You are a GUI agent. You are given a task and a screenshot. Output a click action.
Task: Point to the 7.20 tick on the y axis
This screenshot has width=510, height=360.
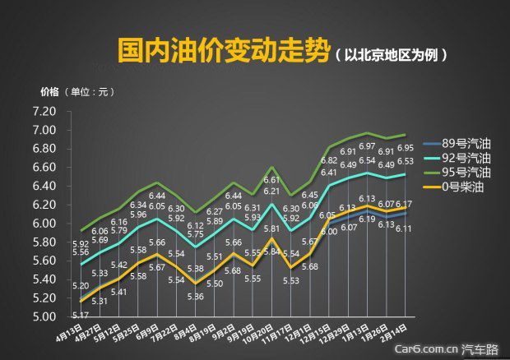(44, 112)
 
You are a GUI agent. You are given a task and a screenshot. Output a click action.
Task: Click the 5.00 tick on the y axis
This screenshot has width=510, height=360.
(44, 316)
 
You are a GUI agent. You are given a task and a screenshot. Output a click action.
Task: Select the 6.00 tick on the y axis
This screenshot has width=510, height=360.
(44, 224)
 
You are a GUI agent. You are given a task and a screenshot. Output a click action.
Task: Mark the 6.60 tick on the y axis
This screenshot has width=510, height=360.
(44, 168)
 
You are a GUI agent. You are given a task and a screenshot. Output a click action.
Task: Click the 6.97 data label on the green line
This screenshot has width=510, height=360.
(367, 146)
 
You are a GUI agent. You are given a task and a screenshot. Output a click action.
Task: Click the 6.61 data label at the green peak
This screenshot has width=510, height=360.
(271, 179)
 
